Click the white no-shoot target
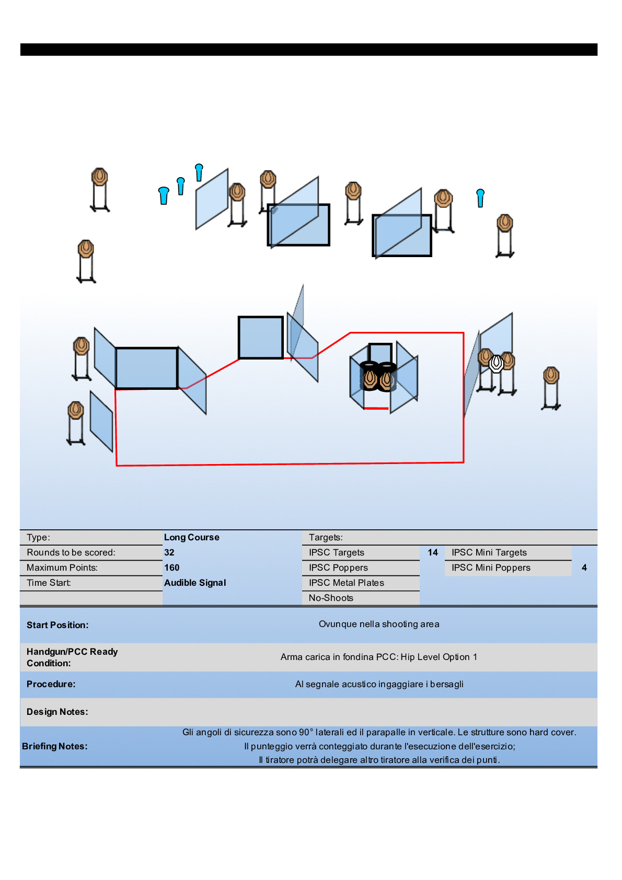[x=496, y=363]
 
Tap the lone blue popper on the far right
[x=480, y=198]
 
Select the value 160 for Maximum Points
[x=171, y=568]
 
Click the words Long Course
[x=191, y=537]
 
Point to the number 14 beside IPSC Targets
[x=433, y=552]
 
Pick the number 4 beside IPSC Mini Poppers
[x=584, y=568]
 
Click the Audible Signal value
[x=195, y=583]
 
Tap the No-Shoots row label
[x=331, y=598]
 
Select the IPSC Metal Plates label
[x=346, y=583]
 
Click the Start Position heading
[x=57, y=625]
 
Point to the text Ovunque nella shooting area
[x=379, y=624]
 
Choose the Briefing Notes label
[x=55, y=746]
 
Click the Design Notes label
[x=57, y=712]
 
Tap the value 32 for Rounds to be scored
[x=169, y=552]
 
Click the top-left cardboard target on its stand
[x=99, y=178]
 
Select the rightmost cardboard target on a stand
[x=551, y=375]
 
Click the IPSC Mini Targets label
[x=489, y=552]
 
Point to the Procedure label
[x=51, y=684]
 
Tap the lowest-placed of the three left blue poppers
[x=164, y=195]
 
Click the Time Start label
[x=49, y=583]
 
